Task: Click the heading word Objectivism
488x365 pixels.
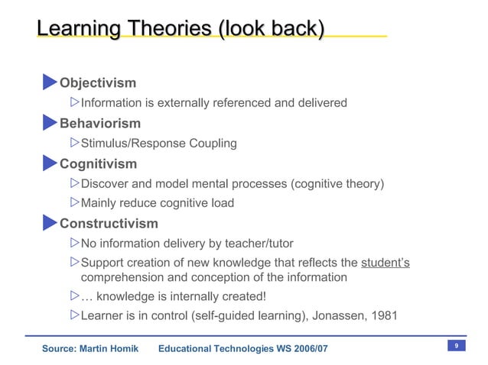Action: tap(98, 83)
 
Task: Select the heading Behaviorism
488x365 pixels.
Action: tap(100, 123)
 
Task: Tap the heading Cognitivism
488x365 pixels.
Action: tap(99, 163)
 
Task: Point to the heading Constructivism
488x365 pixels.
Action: tap(109, 224)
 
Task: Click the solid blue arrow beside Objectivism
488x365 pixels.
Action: tap(50, 82)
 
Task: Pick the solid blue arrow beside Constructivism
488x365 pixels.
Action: tap(50, 222)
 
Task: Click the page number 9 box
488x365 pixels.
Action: tap(456, 347)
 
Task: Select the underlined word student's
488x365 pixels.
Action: tap(385, 263)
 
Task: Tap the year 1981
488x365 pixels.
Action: tap(382, 315)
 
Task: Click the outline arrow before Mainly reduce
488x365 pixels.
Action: tap(74, 202)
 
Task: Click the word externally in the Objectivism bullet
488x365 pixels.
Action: tap(182, 103)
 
